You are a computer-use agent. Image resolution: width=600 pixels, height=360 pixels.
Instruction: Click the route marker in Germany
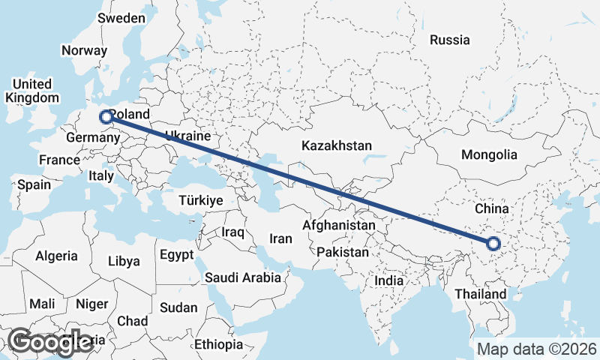tap(106, 117)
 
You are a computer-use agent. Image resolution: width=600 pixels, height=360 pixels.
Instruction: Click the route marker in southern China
tap(493, 243)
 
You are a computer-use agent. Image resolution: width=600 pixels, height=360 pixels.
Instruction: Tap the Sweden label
tap(121, 18)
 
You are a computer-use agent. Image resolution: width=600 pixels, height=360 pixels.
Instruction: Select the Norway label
tap(85, 50)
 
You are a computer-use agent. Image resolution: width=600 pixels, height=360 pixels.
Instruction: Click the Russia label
tap(449, 40)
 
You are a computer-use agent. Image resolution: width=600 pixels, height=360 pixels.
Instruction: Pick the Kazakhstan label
tap(337, 145)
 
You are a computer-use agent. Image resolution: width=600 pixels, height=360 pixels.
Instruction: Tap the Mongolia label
tap(490, 154)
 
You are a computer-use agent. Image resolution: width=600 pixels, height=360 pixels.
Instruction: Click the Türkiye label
tap(201, 200)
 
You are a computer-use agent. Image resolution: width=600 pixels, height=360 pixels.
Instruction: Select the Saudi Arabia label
tap(244, 277)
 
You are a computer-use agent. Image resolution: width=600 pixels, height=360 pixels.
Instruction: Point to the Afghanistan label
tap(339, 225)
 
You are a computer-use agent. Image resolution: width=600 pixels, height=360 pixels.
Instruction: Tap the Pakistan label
tap(342, 252)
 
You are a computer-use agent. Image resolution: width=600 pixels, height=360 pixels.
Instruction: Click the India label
tap(389, 280)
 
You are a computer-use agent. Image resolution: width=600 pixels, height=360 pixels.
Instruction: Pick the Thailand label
tap(481, 294)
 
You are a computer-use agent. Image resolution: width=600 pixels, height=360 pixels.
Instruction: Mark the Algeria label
tap(56, 256)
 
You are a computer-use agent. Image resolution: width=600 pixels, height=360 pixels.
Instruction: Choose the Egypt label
tap(177, 255)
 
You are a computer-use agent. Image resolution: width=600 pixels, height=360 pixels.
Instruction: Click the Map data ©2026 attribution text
tap(537, 349)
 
